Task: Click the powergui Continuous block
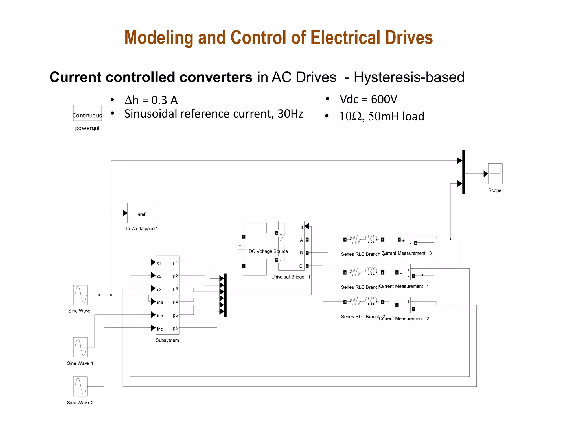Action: coord(87,113)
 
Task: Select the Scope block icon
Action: coord(495,173)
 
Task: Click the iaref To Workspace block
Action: coord(141,213)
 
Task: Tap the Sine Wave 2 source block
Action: coord(80,386)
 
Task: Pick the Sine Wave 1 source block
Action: coord(80,347)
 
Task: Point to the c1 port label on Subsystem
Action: coord(159,263)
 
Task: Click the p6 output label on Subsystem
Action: coord(175,328)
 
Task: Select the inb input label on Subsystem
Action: coord(160,316)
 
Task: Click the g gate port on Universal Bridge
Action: coord(301,227)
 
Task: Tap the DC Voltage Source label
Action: coord(268,251)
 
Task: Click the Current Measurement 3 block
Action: coord(407,239)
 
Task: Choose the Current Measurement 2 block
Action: coord(404,305)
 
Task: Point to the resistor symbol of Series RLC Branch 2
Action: coord(355,301)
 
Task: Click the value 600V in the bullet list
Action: coord(384,99)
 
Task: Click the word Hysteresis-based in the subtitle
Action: coord(409,77)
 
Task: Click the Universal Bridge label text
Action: coord(288,277)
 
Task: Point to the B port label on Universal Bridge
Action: coord(301,253)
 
